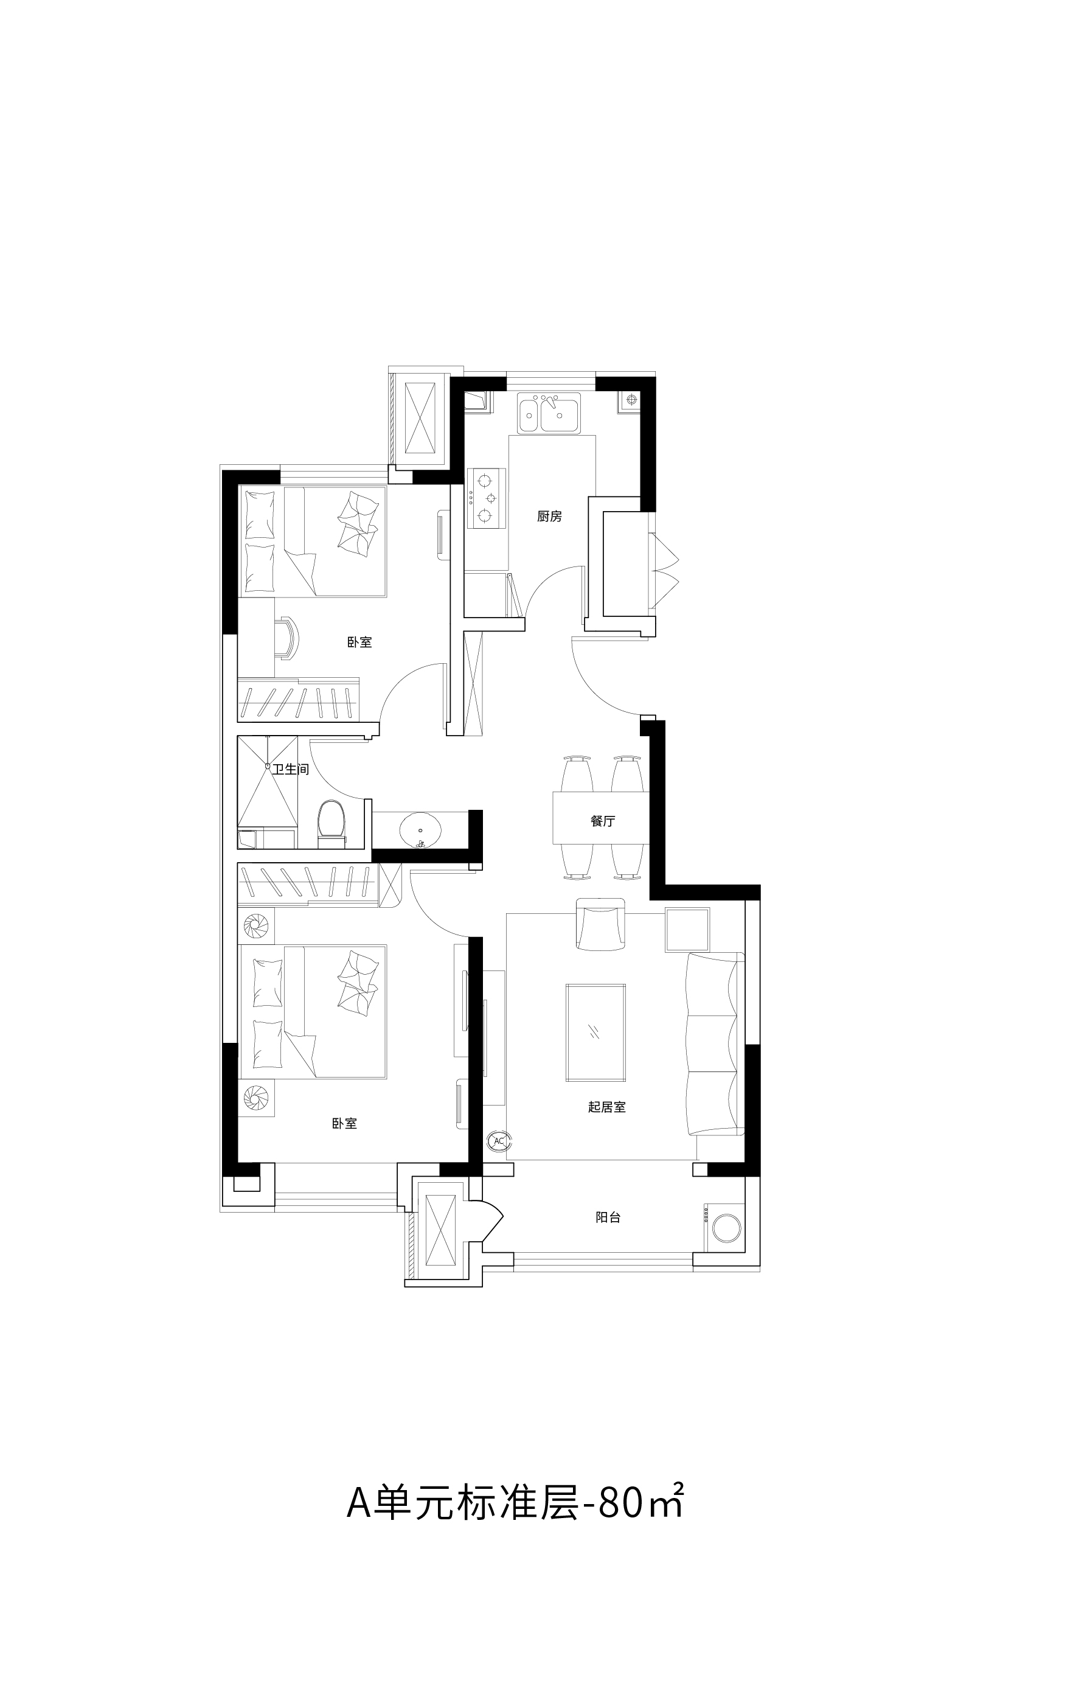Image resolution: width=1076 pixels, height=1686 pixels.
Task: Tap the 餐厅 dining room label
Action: point(602,821)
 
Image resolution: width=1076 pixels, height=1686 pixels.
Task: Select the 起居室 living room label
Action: point(607,1107)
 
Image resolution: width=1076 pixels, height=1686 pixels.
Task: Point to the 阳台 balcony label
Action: point(608,1217)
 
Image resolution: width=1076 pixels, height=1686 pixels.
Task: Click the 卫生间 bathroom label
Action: point(291,769)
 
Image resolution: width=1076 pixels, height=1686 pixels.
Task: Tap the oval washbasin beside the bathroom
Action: point(420,831)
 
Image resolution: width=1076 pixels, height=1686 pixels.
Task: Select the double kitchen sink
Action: point(549,413)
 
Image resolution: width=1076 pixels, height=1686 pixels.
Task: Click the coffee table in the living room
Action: point(595,1033)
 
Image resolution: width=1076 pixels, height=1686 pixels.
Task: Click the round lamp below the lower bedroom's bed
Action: point(256,1099)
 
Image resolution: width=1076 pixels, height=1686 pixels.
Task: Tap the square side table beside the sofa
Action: point(687,929)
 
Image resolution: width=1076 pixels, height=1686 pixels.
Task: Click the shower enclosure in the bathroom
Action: point(268,781)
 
